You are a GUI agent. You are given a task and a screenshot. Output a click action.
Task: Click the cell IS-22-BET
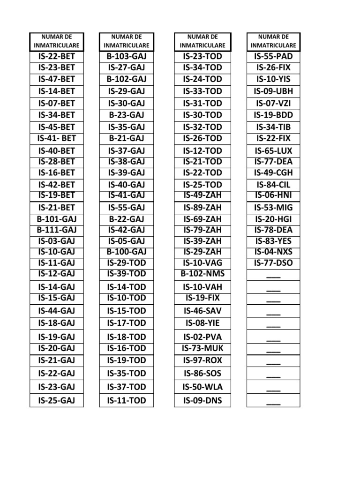click(56, 57)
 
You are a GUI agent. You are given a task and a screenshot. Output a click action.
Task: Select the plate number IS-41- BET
click(56, 138)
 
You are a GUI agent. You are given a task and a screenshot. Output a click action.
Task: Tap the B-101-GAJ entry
click(56, 219)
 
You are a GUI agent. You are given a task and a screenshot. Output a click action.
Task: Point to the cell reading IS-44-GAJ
click(56, 310)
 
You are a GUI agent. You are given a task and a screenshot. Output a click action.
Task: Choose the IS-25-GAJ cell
click(56, 400)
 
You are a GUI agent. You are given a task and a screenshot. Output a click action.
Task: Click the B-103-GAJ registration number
click(127, 57)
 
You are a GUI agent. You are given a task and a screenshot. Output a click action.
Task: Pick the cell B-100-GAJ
click(127, 252)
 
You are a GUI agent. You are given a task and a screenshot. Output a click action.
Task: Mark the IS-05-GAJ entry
click(127, 241)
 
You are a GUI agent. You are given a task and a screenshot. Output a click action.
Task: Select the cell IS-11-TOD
click(127, 400)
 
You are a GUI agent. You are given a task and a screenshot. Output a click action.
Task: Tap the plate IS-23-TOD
click(202, 57)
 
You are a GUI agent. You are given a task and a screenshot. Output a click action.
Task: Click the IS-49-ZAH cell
click(202, 195)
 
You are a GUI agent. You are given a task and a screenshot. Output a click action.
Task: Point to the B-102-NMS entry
click(202, 274)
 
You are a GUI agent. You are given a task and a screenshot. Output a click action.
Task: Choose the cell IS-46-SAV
click(202, 310)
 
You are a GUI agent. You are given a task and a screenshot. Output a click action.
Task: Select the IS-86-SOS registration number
click(202, 374)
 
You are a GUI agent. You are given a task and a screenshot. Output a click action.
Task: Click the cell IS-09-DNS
click(202, 400)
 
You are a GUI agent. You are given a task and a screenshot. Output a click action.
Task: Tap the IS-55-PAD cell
click(273, 57)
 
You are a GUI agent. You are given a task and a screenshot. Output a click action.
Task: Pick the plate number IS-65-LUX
click(273, 151)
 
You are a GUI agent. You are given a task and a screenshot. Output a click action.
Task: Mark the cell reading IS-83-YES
click(273, 241)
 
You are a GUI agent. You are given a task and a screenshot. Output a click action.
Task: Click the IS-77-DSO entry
click(273, 263)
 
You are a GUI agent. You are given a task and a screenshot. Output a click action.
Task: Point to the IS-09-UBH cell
click(273, 91)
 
